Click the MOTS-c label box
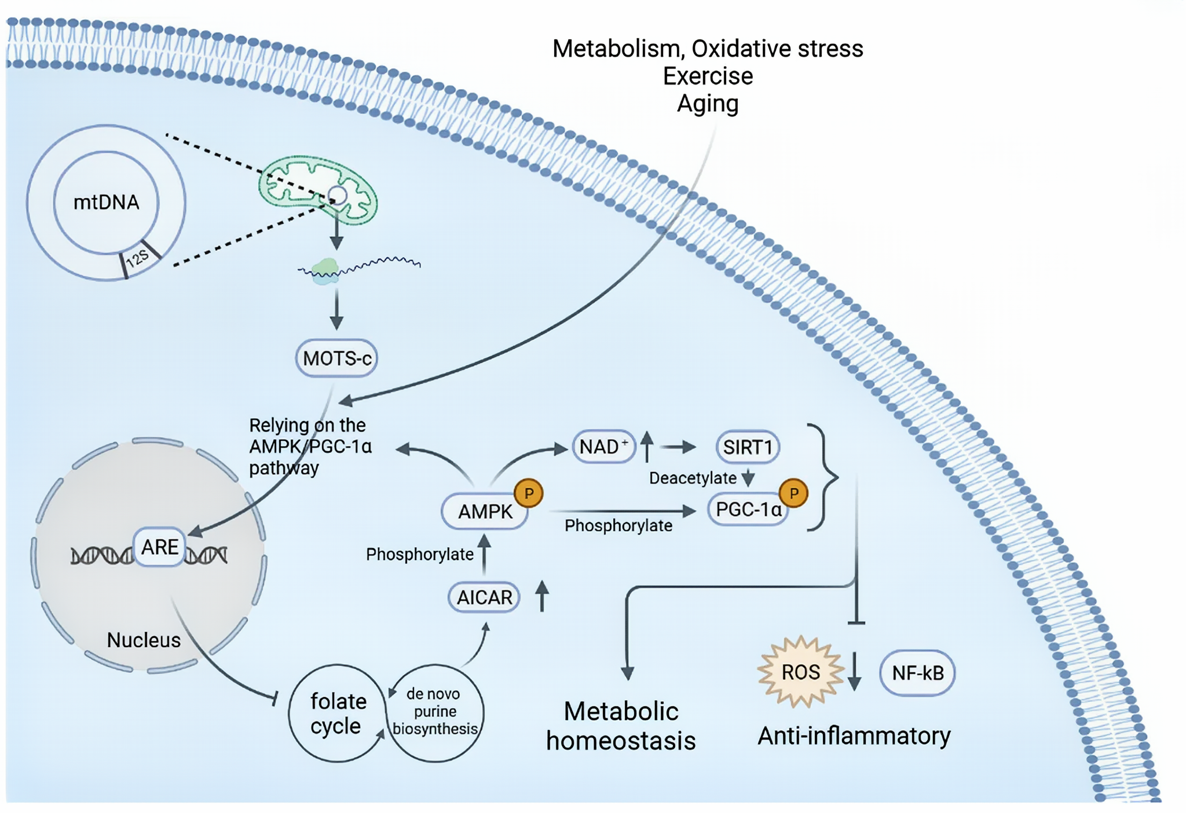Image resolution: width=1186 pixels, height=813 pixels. pos(336,358)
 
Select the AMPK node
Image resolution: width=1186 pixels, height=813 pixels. pos(485,511)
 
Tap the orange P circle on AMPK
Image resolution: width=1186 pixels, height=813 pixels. pos(529,493)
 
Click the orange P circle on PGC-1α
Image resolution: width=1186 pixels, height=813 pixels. pos(793,493)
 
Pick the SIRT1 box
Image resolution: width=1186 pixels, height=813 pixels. pos(748,447)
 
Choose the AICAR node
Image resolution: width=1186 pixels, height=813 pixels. pos(484,597)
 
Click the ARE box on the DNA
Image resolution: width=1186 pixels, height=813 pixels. pos(160,547)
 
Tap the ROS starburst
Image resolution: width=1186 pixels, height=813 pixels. pos(801,672)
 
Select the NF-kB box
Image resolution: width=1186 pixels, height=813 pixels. pos(917,673)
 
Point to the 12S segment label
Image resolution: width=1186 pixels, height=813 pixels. pos(138,259)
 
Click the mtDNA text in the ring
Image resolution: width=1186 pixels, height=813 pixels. pos(106,202)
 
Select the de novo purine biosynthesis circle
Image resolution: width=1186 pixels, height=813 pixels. pos(435,712)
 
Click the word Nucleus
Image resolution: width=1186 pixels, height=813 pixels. pos(144,640)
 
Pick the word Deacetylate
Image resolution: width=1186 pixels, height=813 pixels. pos(693,478)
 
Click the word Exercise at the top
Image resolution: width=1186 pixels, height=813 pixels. pos(708,76)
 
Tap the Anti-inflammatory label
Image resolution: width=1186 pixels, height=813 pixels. pos(854,736)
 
